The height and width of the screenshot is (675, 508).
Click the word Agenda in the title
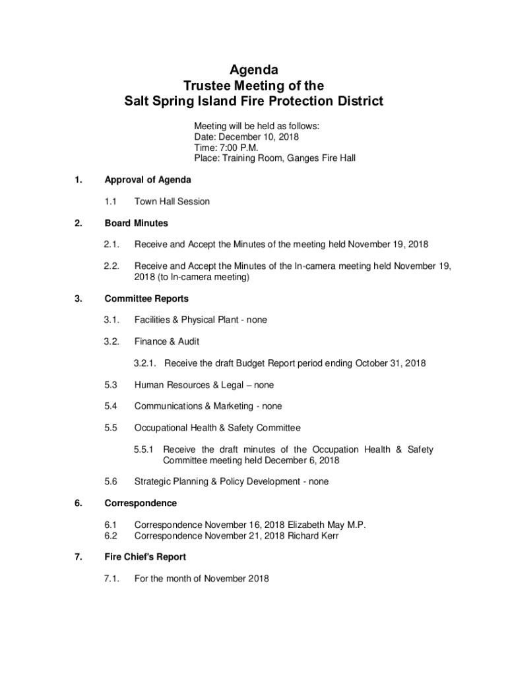253,70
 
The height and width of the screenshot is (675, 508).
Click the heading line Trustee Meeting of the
253,86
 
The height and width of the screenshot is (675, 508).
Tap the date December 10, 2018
257,137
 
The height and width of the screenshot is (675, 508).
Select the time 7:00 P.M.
238,148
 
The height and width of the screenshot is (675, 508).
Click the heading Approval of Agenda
148,180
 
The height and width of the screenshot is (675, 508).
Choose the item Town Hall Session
172,202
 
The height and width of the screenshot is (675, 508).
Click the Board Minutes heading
137,223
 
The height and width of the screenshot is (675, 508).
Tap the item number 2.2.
111,266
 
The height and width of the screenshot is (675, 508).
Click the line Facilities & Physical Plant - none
201,320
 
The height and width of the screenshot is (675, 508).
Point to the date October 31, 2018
391,363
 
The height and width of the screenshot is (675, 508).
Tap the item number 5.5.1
143,450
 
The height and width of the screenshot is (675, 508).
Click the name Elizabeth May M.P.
327,525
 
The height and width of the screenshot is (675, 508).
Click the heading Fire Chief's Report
145,557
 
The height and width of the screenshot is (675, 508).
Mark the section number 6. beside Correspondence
79,503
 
